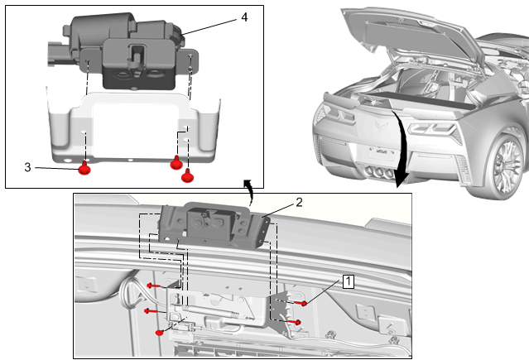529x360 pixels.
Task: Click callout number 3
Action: coord(28,167)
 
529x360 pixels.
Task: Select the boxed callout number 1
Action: coord(349,281)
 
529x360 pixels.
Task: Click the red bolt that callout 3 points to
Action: coord(84,170)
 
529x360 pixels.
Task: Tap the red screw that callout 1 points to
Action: coord(304,304)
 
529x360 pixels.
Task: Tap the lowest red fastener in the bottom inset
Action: coord(159,333)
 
